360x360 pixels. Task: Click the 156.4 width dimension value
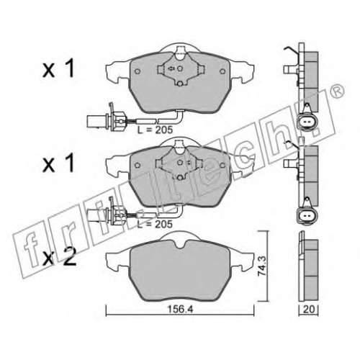[180, 310]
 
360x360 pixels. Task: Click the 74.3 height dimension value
[263, 266]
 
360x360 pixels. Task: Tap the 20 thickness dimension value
[308, 310]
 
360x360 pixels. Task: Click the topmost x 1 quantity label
[58, 70]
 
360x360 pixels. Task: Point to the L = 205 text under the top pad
[155, 130]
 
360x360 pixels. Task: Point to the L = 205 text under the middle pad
[155, 224]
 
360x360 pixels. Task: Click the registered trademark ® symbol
[338, 91]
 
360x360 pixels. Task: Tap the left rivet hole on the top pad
[138, 71]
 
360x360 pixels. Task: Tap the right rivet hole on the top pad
[222, 71]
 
